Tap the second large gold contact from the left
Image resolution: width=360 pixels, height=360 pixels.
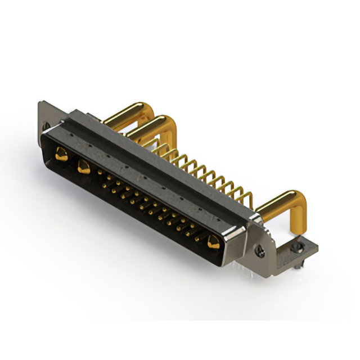[84, 166]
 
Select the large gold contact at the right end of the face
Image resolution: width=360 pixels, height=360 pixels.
[213, 243]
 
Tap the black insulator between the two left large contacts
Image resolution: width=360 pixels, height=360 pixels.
[72, 160]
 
